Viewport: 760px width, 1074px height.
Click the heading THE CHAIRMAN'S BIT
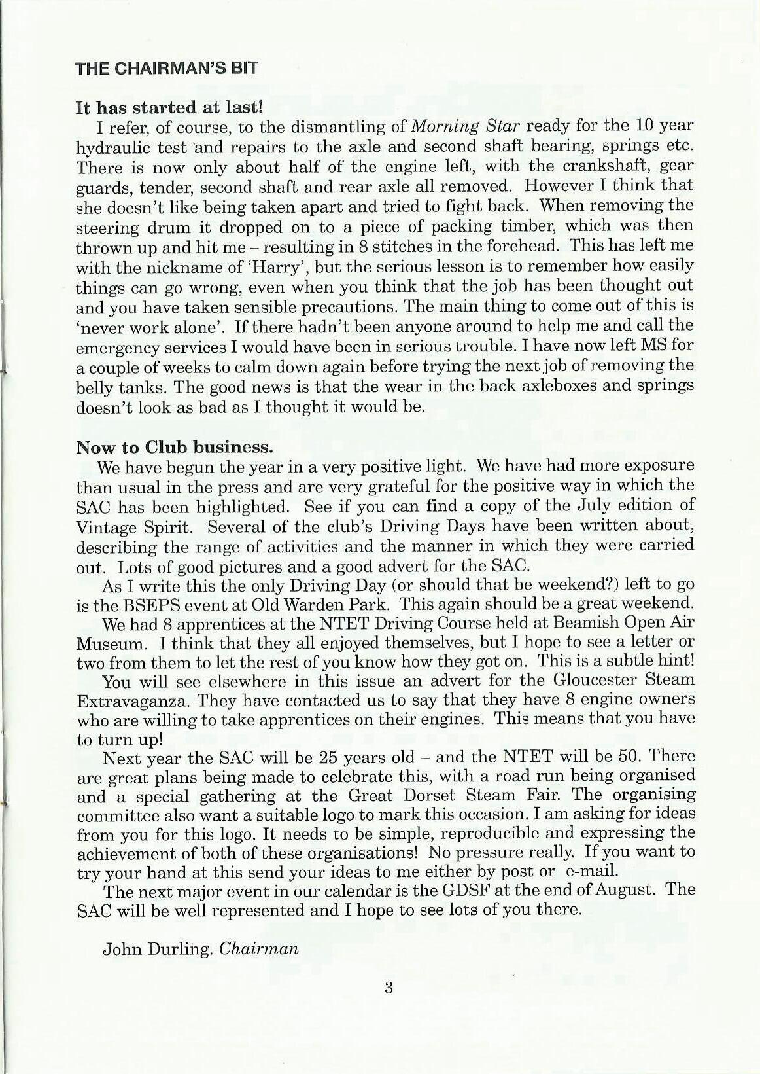(167, 68)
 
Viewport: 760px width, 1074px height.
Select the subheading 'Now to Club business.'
(174, 447)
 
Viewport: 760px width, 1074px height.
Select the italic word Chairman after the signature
(259, 949)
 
